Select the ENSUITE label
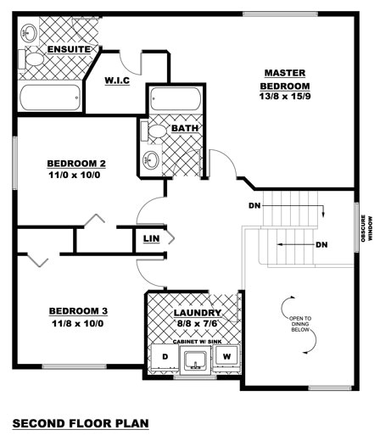[69, 49]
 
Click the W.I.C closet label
[116, 80]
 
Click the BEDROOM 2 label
[75, 164]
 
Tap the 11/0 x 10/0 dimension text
[75, 176]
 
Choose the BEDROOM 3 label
[77, 310]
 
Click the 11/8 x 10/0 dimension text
[77, 323]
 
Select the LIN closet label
[151, 239]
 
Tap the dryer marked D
[165, 357]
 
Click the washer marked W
[226, 357]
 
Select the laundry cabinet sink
[196, 361]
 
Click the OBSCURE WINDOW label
[366, 228]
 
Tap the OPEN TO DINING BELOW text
[301, 323]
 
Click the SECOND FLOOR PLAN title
[80, 422]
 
